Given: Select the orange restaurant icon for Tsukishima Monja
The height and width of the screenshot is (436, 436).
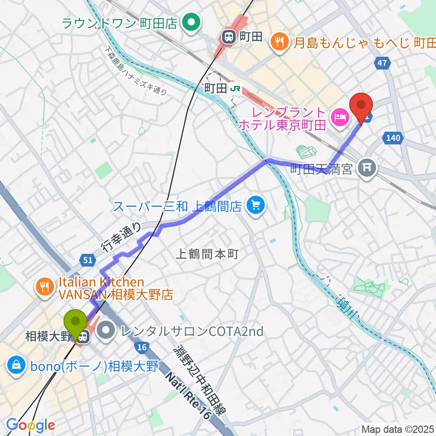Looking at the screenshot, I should [278, 42].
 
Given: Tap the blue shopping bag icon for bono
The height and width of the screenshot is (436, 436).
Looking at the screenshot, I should [16, 365].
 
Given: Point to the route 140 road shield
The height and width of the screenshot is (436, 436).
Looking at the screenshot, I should [393, 138].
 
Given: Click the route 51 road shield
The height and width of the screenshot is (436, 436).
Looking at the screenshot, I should [88, 260].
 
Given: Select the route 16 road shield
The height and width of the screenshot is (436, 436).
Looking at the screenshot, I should [142, 347].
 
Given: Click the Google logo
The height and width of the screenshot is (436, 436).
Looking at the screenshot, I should [30, 425].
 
